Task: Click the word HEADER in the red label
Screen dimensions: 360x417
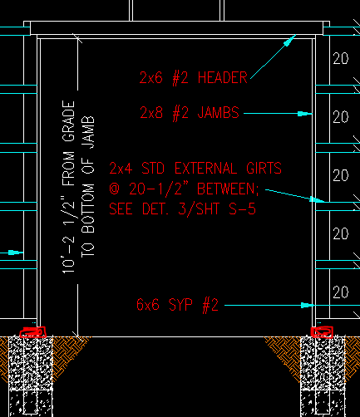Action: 223,77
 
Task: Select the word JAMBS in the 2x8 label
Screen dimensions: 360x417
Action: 218,113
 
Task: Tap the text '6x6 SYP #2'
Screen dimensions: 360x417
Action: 177,305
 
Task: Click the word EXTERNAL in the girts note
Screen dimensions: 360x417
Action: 205,169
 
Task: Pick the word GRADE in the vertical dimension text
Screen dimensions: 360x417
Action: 68,120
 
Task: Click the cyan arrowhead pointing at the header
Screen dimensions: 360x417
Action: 289,41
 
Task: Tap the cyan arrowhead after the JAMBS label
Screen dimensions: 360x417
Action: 305,114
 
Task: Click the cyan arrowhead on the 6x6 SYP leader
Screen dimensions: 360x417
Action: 308,306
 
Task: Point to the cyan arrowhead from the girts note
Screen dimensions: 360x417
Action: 317,199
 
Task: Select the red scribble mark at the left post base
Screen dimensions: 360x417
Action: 33,332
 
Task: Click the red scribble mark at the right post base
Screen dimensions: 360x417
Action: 322,332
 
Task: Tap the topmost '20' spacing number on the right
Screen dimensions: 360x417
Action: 341,59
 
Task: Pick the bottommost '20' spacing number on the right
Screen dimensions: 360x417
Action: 341,292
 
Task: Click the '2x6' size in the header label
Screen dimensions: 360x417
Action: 151,77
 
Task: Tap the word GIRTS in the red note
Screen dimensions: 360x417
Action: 264,169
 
